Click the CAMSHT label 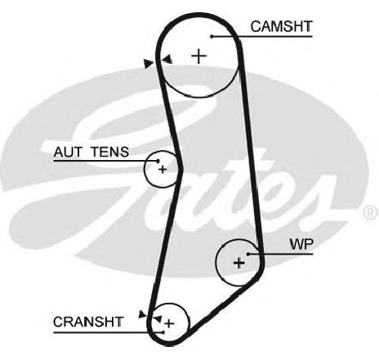[281, 27]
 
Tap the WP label [301, 244]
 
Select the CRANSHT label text [88, 322]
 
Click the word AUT [68, 152]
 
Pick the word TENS [109, 152]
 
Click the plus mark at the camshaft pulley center [199, 56]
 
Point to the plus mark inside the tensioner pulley [163, 170]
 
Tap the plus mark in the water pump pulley [239, 263]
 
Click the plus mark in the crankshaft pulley [169, 323]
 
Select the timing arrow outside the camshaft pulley [149, 64]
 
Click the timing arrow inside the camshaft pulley [167, 59]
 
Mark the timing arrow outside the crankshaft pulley [142, 314]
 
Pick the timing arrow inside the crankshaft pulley [158, 318]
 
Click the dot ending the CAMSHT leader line [212, 36]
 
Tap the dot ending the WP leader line [248, 254]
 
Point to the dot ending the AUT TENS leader [158, 161]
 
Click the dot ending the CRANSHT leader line [163, 332]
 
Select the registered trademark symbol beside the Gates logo [370, 213]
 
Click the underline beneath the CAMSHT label [262, 36]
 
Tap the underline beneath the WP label [281, 254]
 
